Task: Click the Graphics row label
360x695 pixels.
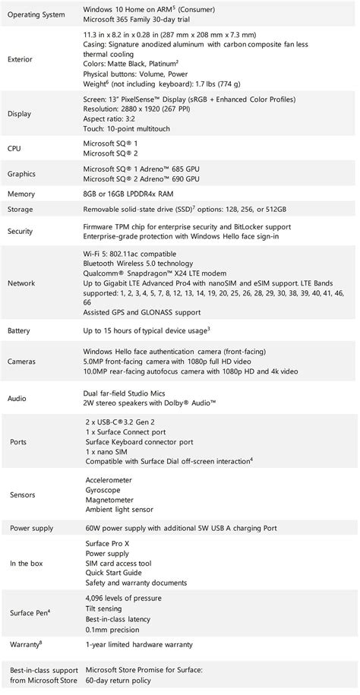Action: pyautogui.click(x=24, y=174)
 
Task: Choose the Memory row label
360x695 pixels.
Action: pyautogui.click(x=22, y=194)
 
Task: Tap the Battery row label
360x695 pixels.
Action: pyautogui.click(x=21, y=331)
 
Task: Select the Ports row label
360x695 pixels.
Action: pyautogui.click(x=17, y=441)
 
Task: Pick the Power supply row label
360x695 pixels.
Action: pyautogui.click(x=32, y=528)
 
